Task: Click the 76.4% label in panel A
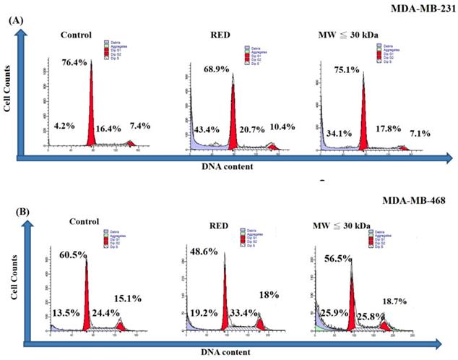74,62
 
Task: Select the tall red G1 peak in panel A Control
91,108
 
